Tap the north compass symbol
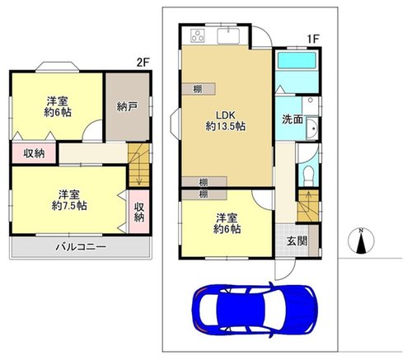pyautogui.click(x=361, y=241)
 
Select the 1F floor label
pyautogui.click(x=313, y=39)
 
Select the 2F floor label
pyautogui.click(x=143, y=63)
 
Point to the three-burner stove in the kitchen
pyautogui.click(x=198, y=35)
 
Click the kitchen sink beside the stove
pyautogui.click(x=228, y=35)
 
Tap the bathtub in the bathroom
pyautogui.click(x=297, y=60)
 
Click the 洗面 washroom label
pyautogui.click(x=293, y=119)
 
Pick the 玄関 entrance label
pyautogui.click(x=297, y=241)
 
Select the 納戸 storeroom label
pyautogui.click(x=127, y=106)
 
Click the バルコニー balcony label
pyautogui.click(x=81, y=247)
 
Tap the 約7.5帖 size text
pyautogui.click(x=69, y=205)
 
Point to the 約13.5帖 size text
pyautogui.click(x=226, y=126)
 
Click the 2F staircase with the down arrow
pyautogui.click(x=138, y=166)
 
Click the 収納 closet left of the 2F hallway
pyautogui.click(x=34, y=153)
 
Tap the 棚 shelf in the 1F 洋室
pyautogui.click(x=204, y=194)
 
